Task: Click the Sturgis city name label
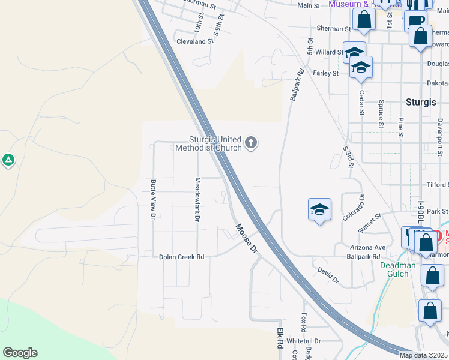[420, 101]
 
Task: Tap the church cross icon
[251, 143]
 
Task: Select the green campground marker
[8, 160]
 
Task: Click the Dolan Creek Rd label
[181, 257]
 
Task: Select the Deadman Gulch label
[394, 269]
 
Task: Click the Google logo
[20, 353]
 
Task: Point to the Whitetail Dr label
[304, 341]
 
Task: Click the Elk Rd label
[280, 338]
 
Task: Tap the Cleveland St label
[195, 41]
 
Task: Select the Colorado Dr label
[354, 208]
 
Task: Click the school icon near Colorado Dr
[319, 209]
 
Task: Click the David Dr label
[328, 275]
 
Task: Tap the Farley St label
[326, 73]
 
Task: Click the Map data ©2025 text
[424, 355]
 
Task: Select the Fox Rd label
[304, 323]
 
